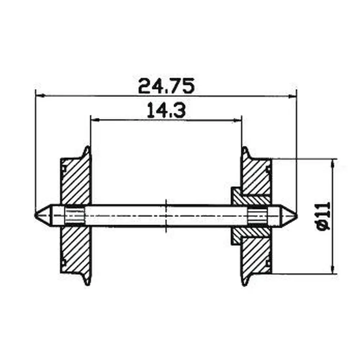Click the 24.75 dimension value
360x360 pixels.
166,86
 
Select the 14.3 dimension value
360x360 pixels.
166,111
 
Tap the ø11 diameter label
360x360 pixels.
324,216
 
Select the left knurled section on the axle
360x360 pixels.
74,215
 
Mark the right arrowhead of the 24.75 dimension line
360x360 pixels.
292,96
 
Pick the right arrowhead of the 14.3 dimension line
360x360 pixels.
238,120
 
